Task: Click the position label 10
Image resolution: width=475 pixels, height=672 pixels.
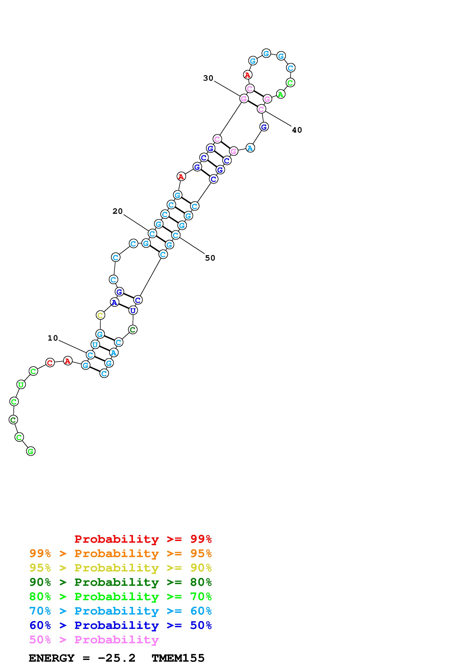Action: [53, 338]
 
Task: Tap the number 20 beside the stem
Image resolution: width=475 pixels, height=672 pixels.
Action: [118, 211]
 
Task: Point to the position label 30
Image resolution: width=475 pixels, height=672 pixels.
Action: [208, 78]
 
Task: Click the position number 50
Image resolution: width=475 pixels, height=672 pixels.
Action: [210, 258]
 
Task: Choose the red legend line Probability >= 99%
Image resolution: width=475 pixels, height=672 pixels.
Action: [143, 539]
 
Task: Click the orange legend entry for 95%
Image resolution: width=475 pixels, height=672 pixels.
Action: [121, 553]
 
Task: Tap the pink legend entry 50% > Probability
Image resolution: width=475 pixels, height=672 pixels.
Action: [94, 640]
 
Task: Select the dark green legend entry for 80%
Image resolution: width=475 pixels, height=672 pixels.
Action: [121, 582]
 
